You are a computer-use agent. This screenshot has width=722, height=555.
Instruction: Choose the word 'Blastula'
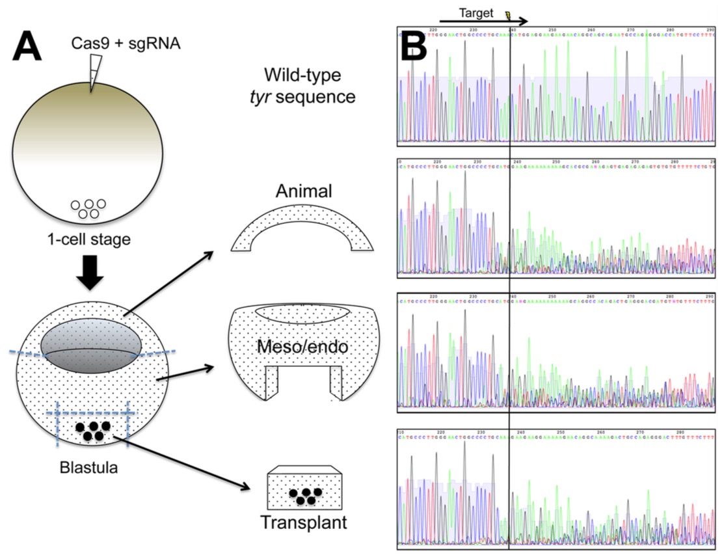(90, 467)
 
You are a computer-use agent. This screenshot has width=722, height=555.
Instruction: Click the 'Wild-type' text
(304, 75)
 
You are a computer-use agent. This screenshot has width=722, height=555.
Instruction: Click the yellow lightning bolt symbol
(508, 13)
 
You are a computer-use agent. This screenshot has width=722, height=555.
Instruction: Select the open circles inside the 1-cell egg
(89, 208)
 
